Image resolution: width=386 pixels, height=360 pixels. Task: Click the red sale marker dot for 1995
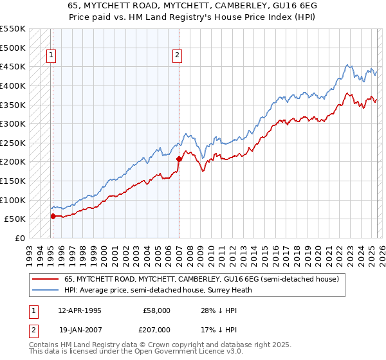[x=53, y=216]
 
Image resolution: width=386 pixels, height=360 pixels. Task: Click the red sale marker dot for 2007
[x=179, y=159]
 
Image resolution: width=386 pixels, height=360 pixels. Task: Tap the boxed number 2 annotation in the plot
[x=176, y=56]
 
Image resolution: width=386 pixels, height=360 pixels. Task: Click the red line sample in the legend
[x=46, y=280]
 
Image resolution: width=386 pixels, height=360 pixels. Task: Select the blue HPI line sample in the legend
[x=46, y=291]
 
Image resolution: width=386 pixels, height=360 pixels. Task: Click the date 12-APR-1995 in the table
[x=79, y=310]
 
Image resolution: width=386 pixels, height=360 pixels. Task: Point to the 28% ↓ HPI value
[x=214, y=310]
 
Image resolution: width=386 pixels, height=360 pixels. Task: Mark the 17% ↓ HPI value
[x=214, y=329]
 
